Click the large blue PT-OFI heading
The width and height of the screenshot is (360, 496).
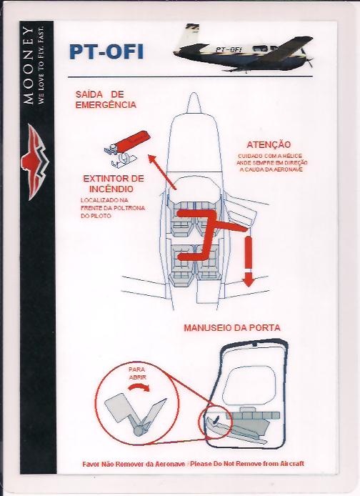[x=106, y=52]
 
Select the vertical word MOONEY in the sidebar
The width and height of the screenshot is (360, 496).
[x=29, y=66]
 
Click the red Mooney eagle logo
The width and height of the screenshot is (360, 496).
[x=34, y=162]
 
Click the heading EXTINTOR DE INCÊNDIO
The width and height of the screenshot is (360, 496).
[x=114, y=184]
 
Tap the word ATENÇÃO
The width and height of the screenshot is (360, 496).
[x=269, y=145]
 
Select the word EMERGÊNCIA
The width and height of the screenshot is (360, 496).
[x=106, y=105]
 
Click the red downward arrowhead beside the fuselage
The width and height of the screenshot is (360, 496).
[x=248, y=279]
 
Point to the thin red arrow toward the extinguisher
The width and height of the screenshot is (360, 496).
[x=162, y=172]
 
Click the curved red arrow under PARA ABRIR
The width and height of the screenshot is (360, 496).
[x=139, y=387]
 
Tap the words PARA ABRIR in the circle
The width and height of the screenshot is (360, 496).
[x=137, y=373]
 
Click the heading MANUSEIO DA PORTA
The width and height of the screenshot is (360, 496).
[x=232, y=328]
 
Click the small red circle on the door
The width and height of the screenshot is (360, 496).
[x=216, y=422]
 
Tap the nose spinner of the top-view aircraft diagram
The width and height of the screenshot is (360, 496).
[x=193, y=103]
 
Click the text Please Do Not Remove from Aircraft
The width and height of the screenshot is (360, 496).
[x=247, y=464]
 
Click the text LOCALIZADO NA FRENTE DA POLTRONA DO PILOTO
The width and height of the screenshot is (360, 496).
[x=113, y=208]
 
